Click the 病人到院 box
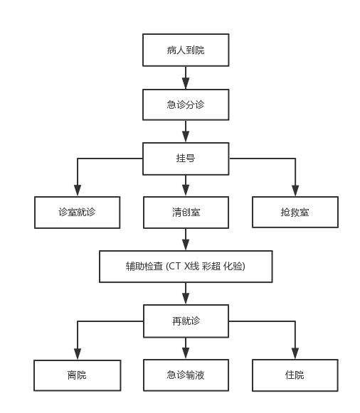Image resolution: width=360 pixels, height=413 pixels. (x=186, y=50)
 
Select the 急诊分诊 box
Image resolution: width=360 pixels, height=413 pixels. (x=186, y=104)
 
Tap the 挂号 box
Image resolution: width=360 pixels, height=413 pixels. (x=186, y=159)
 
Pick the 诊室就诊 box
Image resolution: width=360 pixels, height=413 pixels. (x=78, y=212)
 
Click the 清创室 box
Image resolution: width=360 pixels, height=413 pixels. (x=186, y=212)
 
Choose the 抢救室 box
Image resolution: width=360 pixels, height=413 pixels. (x=295, y=212)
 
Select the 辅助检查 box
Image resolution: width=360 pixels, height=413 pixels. (x=186, y=267)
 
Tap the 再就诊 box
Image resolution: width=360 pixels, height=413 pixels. (x=186, y=321)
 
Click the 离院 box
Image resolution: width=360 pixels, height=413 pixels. (x=78, y=375)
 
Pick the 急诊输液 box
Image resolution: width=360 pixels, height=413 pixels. (x=186, y=375)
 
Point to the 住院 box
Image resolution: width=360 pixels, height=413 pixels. (x=295, y=375)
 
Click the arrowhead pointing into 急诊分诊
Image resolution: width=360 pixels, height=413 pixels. (x=186, y=83)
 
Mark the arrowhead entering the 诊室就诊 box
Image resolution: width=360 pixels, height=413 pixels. (x=78, y=191)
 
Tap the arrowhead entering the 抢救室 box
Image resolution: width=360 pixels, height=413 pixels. (x=295, y=191)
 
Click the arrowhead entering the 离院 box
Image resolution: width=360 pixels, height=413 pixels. (x=78, y=354)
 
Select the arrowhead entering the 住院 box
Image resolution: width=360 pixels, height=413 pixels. (x=295, y=353)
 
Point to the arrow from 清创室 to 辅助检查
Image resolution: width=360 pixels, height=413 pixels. (x=186, y=239)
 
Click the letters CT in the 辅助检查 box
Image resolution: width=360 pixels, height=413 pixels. (x=174, y=267)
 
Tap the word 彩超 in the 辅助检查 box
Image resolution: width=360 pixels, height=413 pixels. (x=211, y=267)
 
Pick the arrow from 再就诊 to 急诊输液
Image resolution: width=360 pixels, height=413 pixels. (x=186, y=348)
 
